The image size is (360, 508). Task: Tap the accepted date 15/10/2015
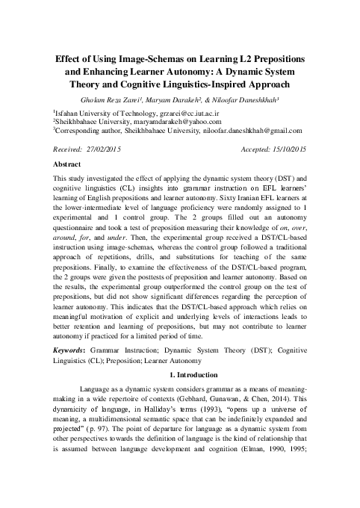288,149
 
